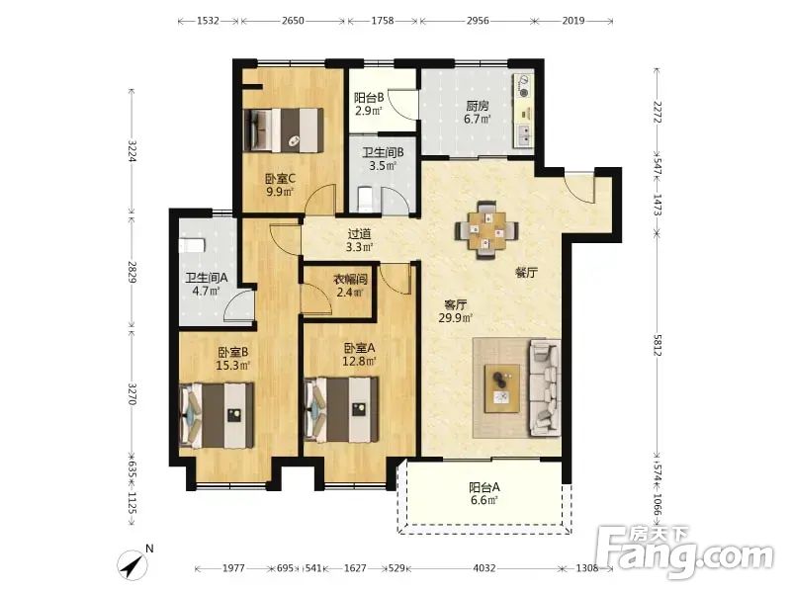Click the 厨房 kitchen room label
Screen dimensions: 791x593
pyautogui.click(x=478, y=106)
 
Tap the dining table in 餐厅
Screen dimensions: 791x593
pyautogui.click(x=486, y=230)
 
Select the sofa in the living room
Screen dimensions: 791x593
pyautogui.click(x=545, y=387)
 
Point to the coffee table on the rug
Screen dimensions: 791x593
pyautogui.click(x=502, y=388)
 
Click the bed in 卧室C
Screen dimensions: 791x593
pyautogui.click(x=283, y=130)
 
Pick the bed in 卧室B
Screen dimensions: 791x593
pyautogui.click(x=217, y=415)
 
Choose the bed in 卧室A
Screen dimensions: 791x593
pyautogui.click(x=341, y=410)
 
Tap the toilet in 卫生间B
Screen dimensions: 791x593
pyautogui.click(x=365, y=199)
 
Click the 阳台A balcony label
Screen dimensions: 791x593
pyautogui.click(x=484, y=487)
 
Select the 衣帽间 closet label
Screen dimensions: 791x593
pyautogui.click(x=350, y=280)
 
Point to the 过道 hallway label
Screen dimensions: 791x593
pyautogui.click(x=359, y=234)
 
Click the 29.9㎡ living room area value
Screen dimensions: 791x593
pyautogui.click(x=456, y=318)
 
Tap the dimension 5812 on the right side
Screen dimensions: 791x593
pyautogui.click(x=657, y=345)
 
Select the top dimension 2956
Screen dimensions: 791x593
pyautogui.click(x=478, y=21)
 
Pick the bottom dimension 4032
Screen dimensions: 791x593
pyautogui.click(x=483, y=568)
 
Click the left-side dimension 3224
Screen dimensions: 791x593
pyautogui.click(x=132, y=150)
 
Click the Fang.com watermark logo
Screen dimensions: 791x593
pyautogui.click(x=684, y=552)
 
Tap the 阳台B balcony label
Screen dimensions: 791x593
pyautogui.click(x=368, y=97)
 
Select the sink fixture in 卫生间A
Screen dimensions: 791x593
pyautogui.click(x=192, y=245)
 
